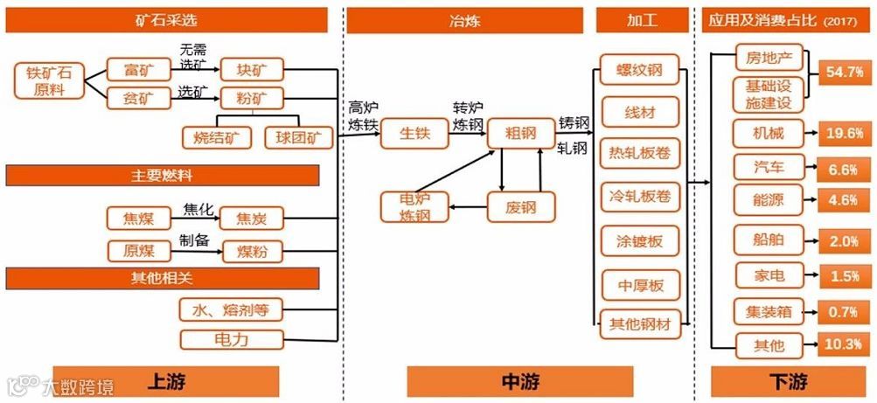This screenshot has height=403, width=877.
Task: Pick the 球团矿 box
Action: tap(297, 136)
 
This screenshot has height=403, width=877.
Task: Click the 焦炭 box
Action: tap(252, 219)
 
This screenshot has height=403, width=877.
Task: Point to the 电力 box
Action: tap(232, 339)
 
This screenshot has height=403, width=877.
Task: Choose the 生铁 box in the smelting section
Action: tap(414, 134)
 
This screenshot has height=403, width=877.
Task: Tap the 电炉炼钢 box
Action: tap(414, 207)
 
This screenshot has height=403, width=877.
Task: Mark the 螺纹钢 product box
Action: tap(640, 69)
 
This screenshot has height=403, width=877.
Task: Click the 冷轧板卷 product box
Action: tap(640, 197)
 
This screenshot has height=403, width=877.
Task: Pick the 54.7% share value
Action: tap(844, 73)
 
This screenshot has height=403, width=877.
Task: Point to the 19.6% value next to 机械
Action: tap(844, 133)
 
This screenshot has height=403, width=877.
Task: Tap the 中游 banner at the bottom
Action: tap(519, 381)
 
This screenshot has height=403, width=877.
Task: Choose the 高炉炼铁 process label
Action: tap(362, 115)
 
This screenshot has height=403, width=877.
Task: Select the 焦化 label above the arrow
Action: tap(198, 209)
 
